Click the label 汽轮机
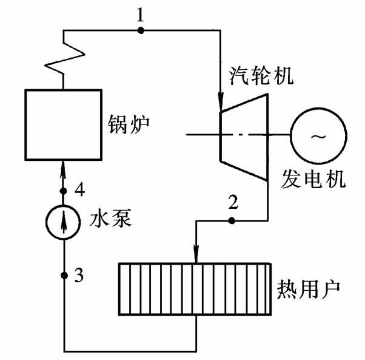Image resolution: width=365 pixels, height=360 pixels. [256, 75]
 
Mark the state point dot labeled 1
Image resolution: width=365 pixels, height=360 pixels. [141, 30]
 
